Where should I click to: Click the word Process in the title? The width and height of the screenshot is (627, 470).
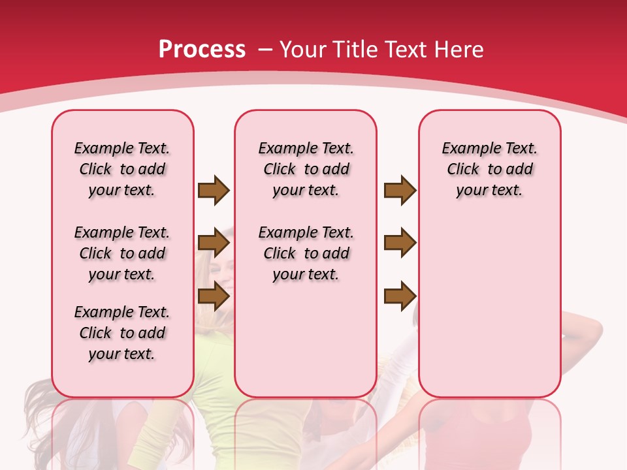[202, 49]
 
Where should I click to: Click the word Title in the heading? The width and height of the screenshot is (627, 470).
[357, 49]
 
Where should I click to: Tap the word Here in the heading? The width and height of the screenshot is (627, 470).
[458, 49]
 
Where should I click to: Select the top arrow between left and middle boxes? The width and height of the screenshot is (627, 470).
[214, 190]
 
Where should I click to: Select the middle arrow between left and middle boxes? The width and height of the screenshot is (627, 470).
[214, 243]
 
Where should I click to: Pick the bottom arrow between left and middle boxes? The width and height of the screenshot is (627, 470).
[214, 296]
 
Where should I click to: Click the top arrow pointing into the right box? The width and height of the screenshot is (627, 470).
[400, 190]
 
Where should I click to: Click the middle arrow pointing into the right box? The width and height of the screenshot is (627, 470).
[400, 243]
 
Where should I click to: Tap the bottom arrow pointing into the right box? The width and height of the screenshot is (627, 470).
[400, 296]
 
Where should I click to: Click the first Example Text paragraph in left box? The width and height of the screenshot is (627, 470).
[122, 169]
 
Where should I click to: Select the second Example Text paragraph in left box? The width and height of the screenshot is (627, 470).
[122, 253]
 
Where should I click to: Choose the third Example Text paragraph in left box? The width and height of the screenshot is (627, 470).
[122, 333]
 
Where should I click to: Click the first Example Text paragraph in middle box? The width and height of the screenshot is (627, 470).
[306, 169]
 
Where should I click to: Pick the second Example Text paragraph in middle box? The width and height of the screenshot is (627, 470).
[306, 253]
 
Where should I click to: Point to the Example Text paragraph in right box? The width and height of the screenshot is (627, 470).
[490, 169]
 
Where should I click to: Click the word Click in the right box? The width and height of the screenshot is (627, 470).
[463, 170]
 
